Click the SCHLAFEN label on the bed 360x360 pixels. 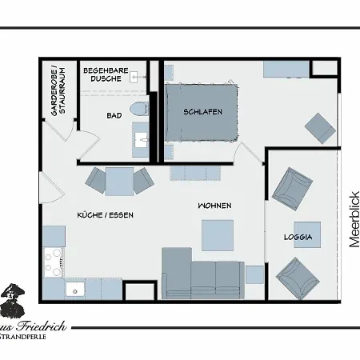tap(202, 112)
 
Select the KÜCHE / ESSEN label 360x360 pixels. tap(105, 215)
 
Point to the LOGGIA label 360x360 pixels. tap(298, 238)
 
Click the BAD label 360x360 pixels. tap(114, 116)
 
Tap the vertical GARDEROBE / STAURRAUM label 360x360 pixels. tap(58, 90)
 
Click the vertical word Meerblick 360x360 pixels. tap(353, 219)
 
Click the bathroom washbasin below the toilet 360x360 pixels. tap(143, 140)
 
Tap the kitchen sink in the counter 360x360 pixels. tap(75, 289)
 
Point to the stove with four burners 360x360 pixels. tap(54, 260)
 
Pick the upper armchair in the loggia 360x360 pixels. tap(291, 189)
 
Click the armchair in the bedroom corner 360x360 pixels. tap(321, 127)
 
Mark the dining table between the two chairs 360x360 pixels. tap(119, 181)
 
